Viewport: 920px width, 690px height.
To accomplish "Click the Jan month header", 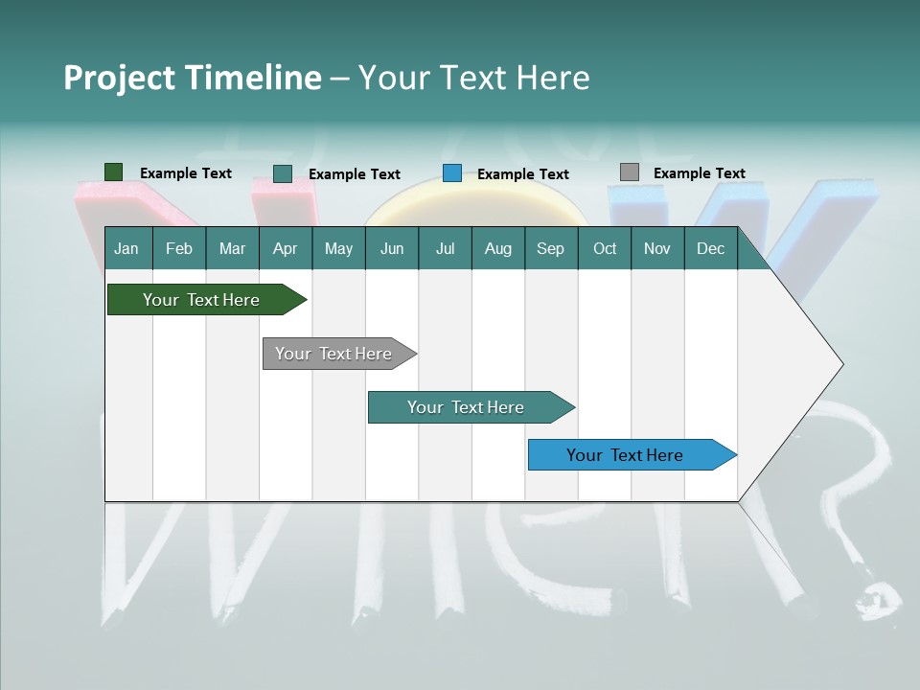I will [126, 249].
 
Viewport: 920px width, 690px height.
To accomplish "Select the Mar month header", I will [232, 249].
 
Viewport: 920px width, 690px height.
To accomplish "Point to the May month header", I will [338, 249].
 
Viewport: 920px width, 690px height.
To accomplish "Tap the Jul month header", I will [445, 249].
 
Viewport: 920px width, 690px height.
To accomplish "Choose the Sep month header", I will [550, 249].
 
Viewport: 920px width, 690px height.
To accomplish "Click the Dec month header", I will [710, 249].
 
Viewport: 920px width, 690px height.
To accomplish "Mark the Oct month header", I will [605, 249].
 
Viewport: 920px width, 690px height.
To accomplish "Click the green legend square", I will [114, 172].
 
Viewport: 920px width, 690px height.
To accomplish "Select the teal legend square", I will [283, 173].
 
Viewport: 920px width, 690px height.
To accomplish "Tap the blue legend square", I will [452, 173].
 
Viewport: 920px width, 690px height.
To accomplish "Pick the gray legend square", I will [630, 172].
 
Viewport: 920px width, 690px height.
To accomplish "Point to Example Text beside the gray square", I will [699, 173].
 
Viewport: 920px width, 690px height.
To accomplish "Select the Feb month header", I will [179, 249].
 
